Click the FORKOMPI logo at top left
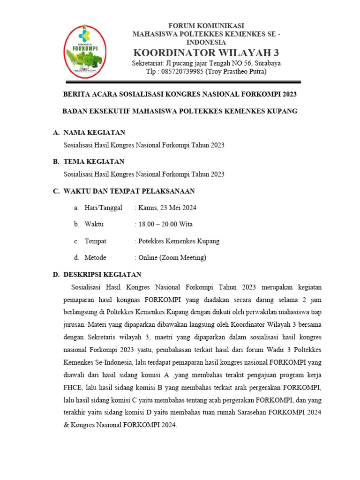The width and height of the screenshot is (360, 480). pos(85,52)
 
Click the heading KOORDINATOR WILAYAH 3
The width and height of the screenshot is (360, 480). pos(206,52)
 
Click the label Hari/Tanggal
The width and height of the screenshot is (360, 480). pos(103,208)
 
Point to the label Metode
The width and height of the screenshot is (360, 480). pos(95,258)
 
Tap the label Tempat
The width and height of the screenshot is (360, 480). pos(95,241)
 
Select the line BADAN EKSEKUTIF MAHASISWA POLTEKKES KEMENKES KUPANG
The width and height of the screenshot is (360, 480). pos(180,111)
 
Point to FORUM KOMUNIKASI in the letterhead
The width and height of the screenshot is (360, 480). pos(206,25)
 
